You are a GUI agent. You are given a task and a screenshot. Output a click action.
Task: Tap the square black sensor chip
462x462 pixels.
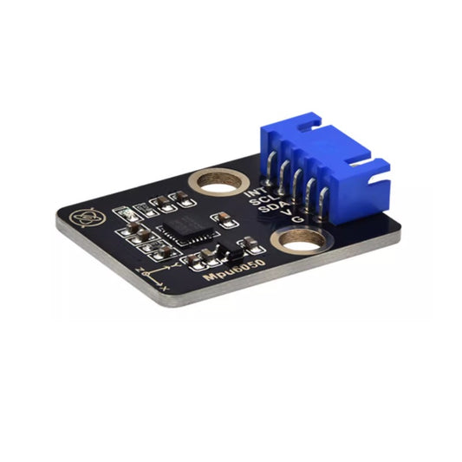point(184,229)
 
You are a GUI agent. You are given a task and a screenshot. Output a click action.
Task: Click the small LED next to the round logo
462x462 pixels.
point(123,213)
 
